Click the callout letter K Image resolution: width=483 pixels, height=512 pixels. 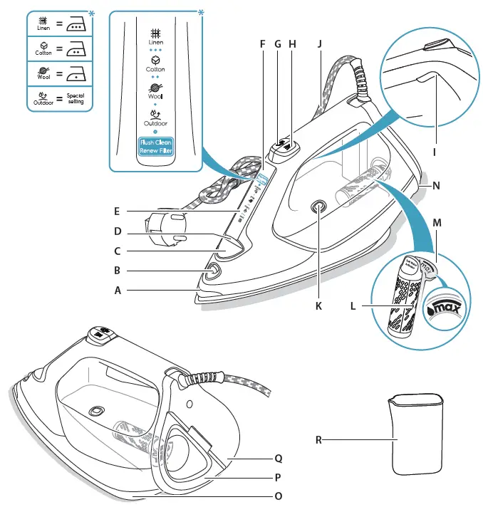pos(318,306)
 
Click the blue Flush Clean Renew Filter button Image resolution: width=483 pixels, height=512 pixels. pos(156,147)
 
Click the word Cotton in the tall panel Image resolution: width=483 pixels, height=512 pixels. pos(156,69)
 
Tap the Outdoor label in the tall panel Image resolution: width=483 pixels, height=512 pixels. pos(156,123)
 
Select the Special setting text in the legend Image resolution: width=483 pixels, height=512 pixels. pos(75,98)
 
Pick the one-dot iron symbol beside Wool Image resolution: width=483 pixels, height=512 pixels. pos(76,73)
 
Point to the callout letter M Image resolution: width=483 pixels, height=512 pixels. pos(437,223)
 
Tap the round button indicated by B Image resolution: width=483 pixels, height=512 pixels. pos(212,271)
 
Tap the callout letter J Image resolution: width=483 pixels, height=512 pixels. pos(320,43)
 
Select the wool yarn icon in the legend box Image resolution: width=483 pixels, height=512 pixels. pos(43,70)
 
